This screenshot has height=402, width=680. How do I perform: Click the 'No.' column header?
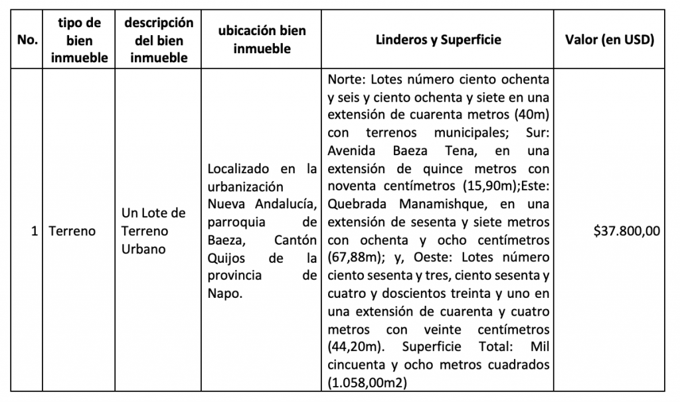(27, 40)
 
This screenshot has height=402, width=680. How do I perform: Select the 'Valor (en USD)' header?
(609, 40)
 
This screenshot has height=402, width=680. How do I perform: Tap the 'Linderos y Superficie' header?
(438, 40)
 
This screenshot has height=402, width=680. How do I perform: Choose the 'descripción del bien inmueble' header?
(159, 40)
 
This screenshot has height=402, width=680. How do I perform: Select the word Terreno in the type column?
(72, 232)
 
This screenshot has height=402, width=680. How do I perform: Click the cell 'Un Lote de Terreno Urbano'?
(153, 232)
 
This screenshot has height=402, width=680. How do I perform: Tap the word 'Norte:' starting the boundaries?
(348, 80)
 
